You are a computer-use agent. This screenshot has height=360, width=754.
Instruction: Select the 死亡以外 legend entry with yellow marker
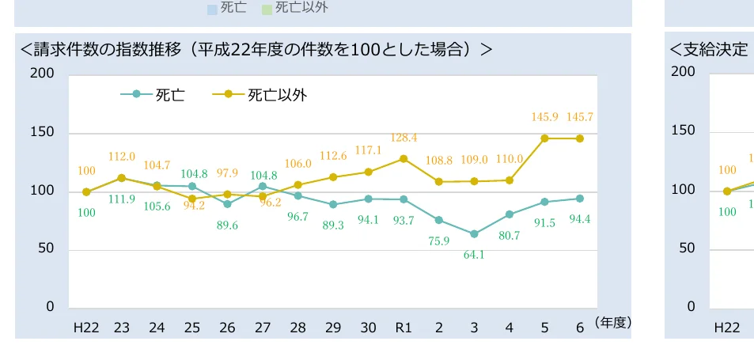260,95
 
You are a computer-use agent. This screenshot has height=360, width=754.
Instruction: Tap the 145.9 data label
544,117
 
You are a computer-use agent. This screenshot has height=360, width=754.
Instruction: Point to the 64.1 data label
475,255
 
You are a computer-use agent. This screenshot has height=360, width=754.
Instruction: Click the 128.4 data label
404,138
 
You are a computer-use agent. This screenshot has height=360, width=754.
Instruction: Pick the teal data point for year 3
474,234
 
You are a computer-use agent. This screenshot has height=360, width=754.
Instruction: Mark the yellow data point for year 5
544,138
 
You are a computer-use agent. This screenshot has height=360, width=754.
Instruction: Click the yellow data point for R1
404,159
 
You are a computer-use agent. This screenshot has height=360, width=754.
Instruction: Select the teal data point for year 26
227,204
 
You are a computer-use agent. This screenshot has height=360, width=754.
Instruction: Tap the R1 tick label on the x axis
404,328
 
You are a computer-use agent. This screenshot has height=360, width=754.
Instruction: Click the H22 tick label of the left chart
86,328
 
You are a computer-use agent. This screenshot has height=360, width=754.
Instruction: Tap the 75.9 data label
439,241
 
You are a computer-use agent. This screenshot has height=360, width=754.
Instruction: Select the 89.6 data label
227,225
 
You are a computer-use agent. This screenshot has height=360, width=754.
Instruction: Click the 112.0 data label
122,157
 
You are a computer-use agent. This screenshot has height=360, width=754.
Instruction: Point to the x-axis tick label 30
368,328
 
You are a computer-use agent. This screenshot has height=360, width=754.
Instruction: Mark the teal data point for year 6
580,199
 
